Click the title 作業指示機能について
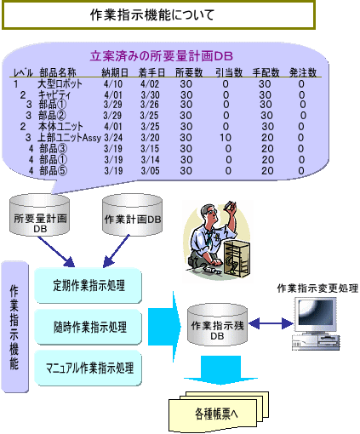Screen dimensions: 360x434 point(152,14)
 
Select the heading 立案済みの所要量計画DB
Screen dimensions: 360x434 point(162,56)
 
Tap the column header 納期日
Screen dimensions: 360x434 point(115,72)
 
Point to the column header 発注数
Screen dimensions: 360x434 point(303,72)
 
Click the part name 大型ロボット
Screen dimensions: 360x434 point(60,84)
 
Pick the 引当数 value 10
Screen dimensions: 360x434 point(226,138)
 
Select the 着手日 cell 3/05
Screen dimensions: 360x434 point(150,171)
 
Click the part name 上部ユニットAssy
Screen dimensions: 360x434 point(70,138)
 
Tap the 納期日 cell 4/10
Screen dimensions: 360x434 point(113,84)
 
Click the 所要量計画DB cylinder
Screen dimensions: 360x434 point(40,214)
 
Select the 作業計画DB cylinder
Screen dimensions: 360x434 point(132,214)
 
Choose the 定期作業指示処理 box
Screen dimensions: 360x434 point(88,286)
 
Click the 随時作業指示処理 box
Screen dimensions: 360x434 point(88,327)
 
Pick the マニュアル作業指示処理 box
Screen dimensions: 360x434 point(88,368)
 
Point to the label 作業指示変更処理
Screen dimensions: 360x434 point(317,288)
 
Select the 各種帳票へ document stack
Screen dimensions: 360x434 point(219,411)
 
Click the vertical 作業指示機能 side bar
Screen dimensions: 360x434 point(14,327)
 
